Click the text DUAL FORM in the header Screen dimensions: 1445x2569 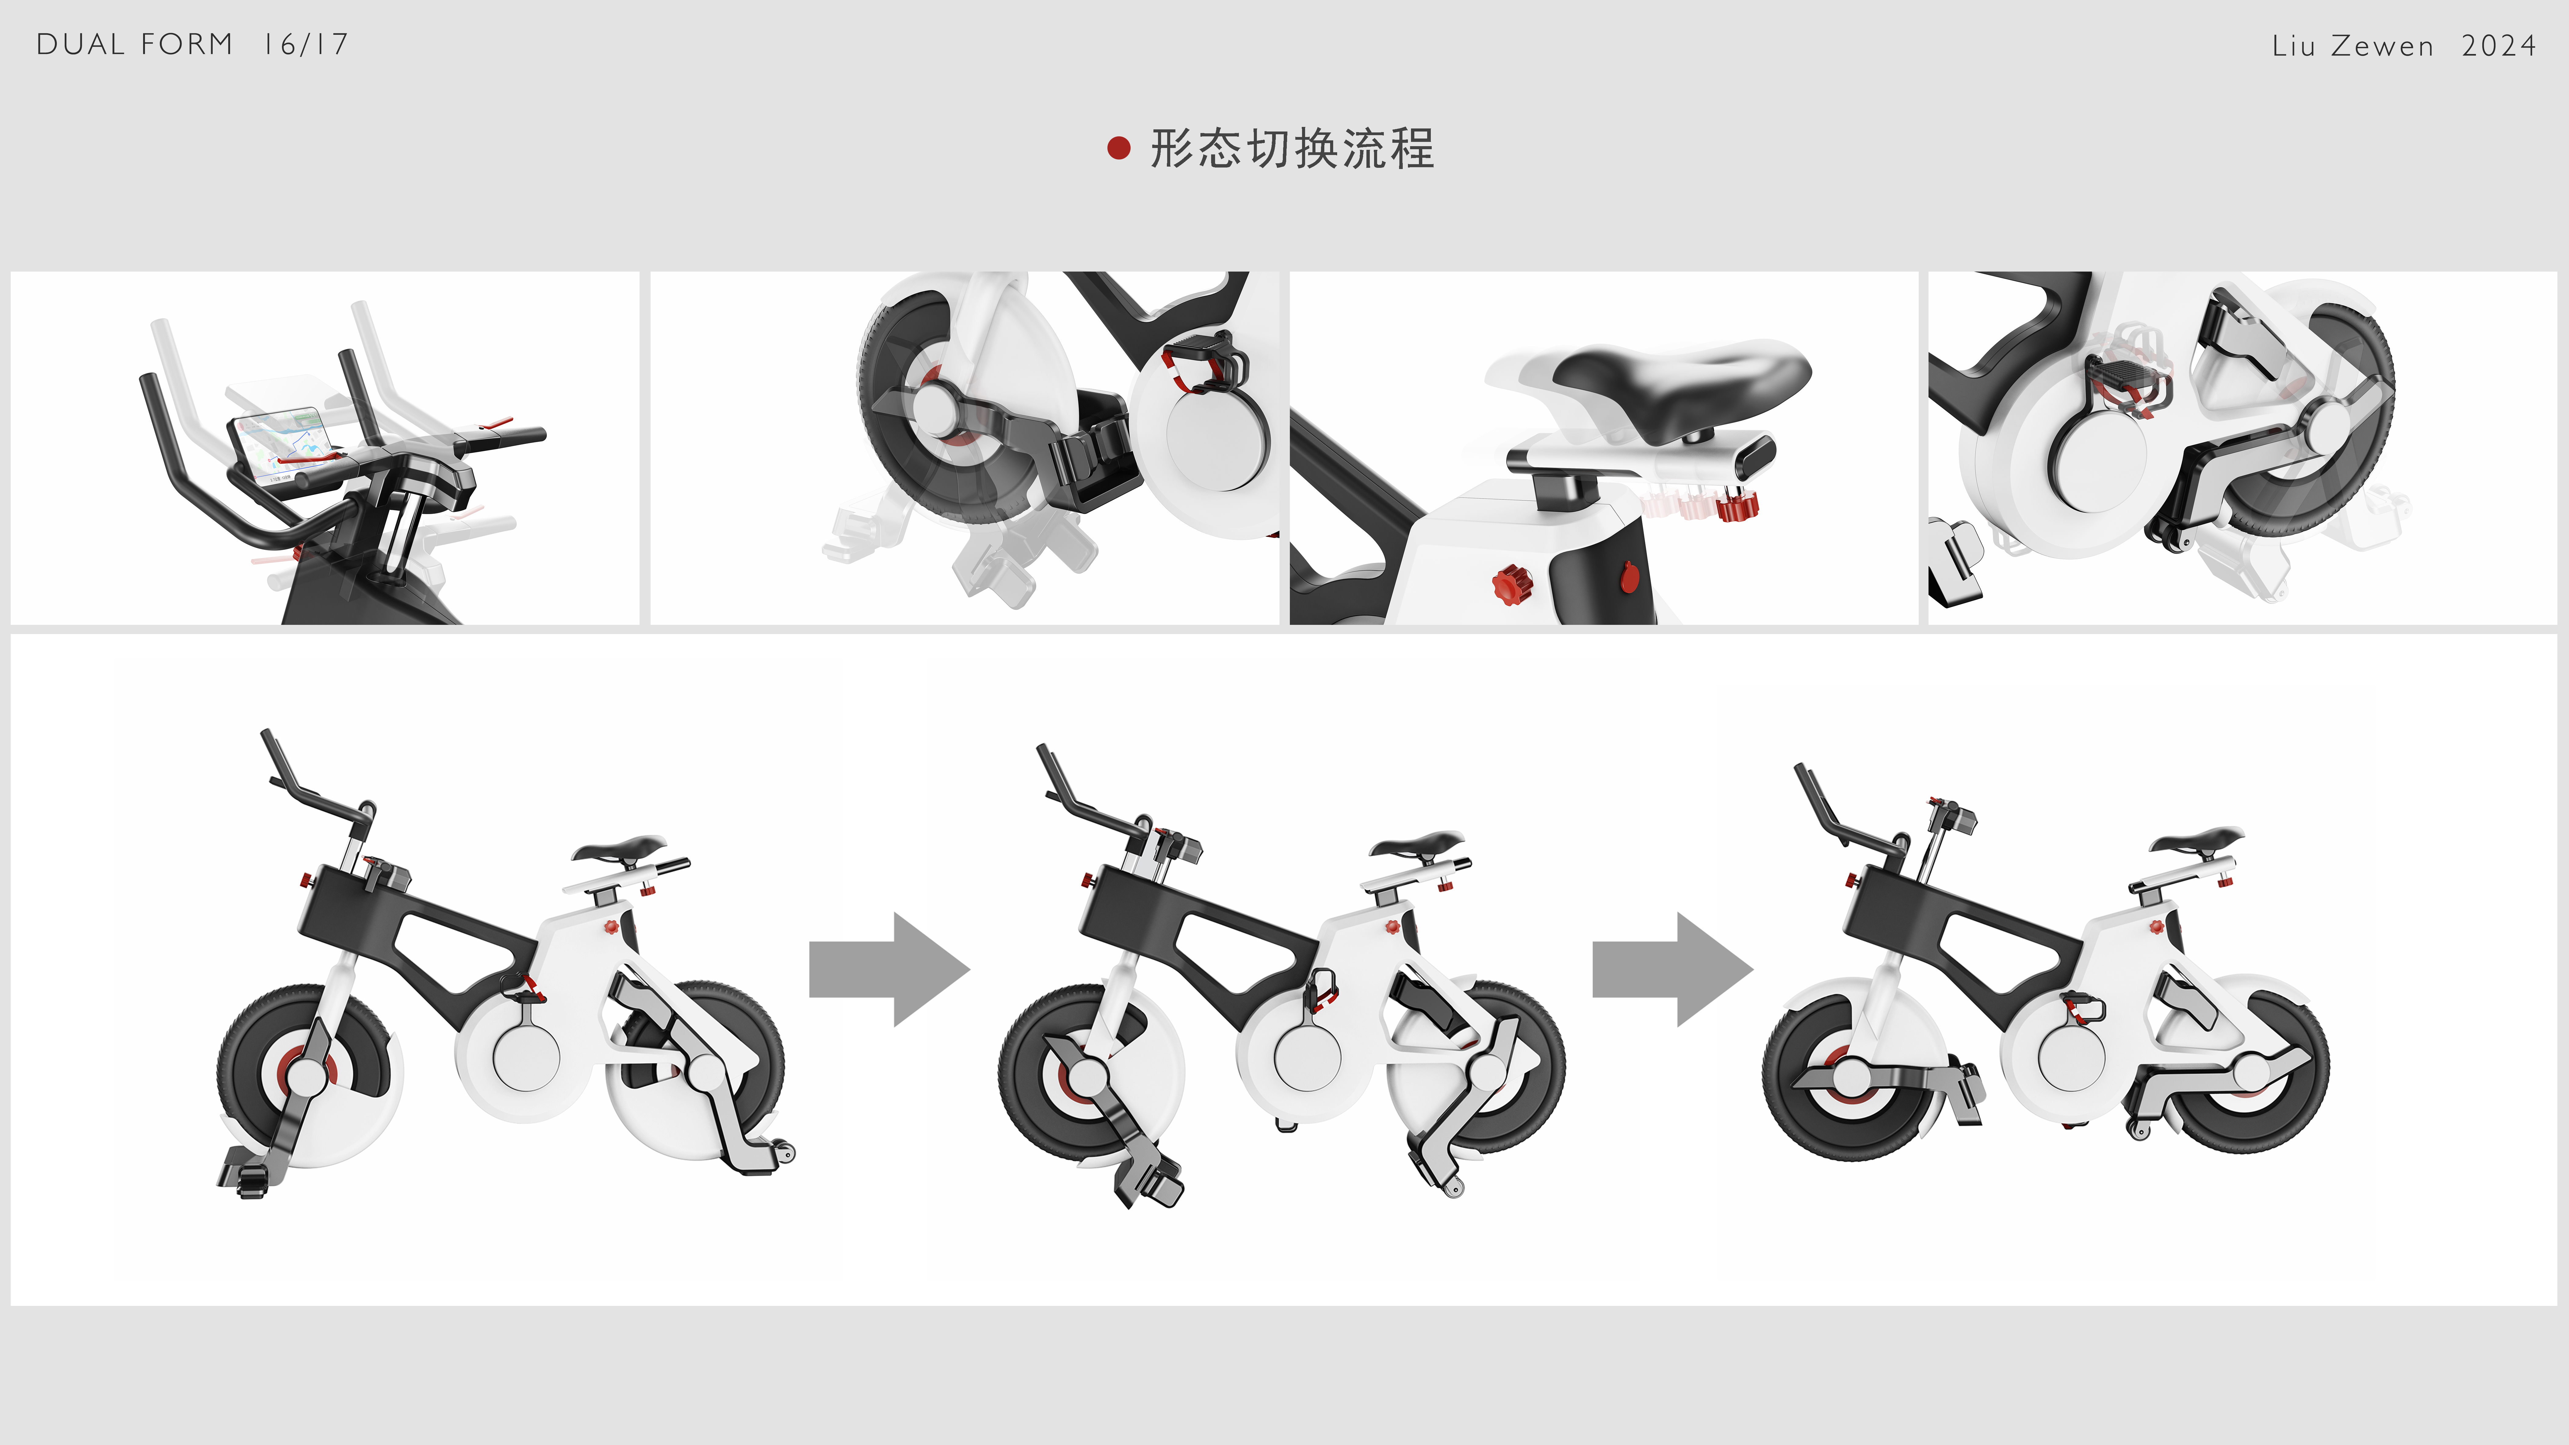[x=135, y=45]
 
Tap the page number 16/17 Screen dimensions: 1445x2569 [x=306, y=45]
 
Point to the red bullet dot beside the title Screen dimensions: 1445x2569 [x=1119, y=149]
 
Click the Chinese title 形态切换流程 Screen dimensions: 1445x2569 [x=1293, y=149]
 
